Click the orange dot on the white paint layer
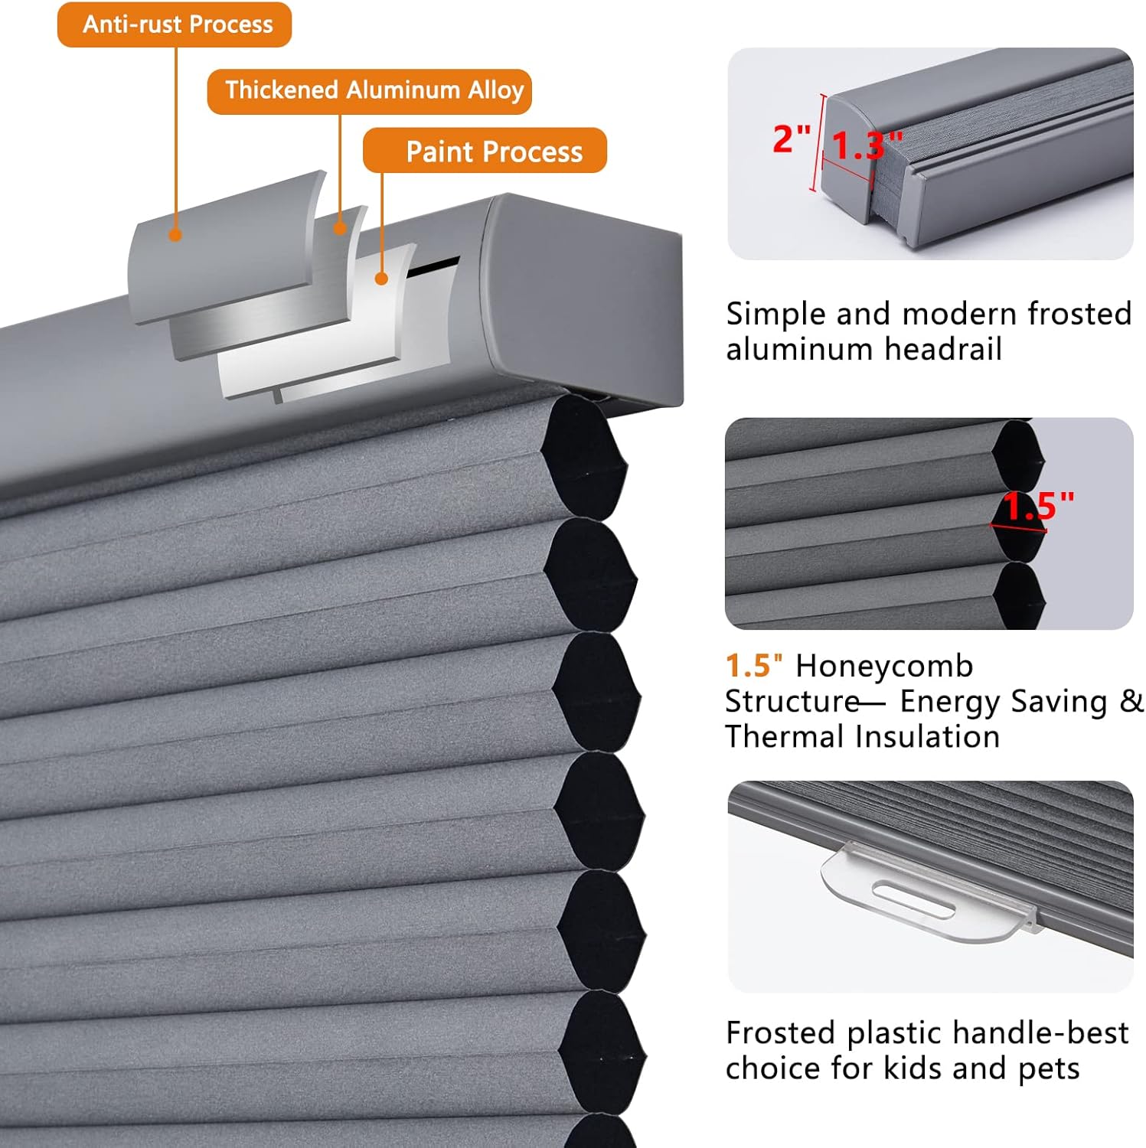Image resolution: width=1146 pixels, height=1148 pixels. coord(381,279)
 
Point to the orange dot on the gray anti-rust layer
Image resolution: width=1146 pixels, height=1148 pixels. coord(175,235)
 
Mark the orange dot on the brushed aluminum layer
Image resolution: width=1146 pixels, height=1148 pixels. coord(340,227)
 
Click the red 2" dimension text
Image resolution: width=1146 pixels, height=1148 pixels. coord(791,139)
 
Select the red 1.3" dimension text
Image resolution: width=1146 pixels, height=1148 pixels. coord(866,145)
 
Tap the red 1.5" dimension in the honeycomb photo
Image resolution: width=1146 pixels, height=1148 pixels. coord(1038,506)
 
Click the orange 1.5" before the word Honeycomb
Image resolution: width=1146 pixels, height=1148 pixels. coord(753,667)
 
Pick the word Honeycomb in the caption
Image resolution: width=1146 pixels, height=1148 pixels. coord(884,667)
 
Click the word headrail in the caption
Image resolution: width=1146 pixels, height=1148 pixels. coord(943,350)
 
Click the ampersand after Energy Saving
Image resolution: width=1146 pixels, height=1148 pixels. coord(1131,701)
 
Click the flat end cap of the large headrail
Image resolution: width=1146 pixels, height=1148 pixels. coord(582,298)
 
